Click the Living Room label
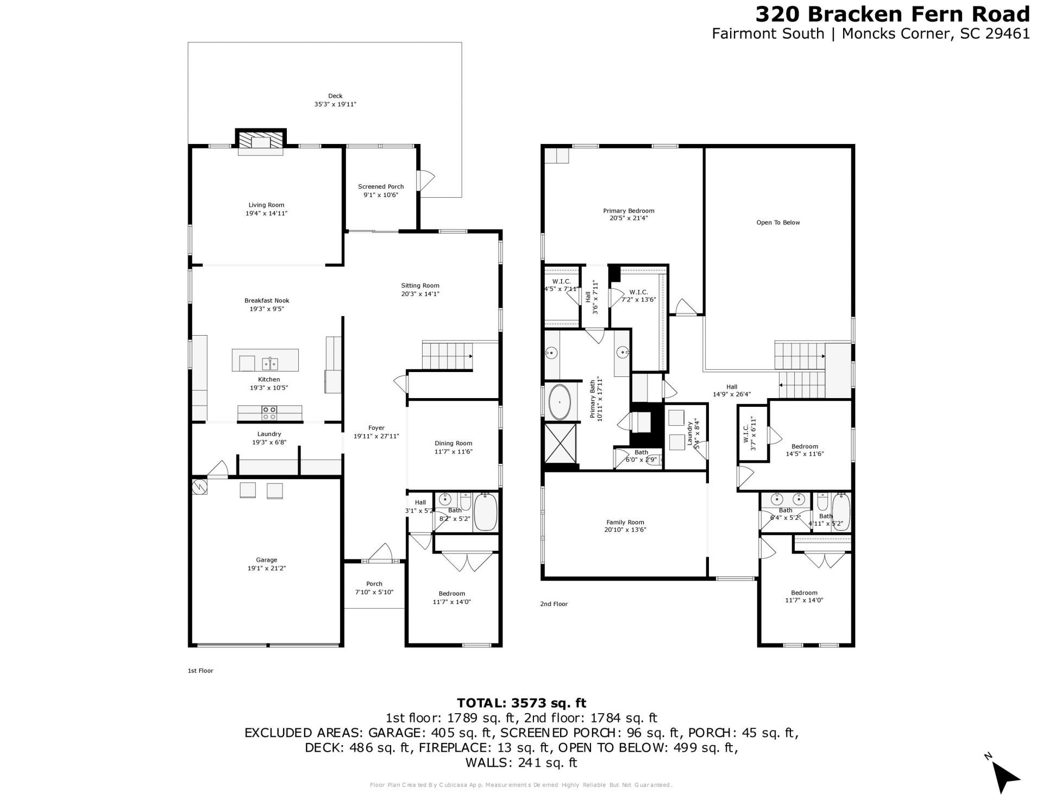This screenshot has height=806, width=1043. pyautogui.click(x=266, y=205)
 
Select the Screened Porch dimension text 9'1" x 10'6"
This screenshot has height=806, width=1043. pyautogui.click(x=380, y=195)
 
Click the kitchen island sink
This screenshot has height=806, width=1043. pyautogui.click(x=270, y=363)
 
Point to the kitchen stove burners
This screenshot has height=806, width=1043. pyautogui.click(x=269, y=413)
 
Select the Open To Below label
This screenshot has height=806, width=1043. pyautogui.click(x=778, y=222)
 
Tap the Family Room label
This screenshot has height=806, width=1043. pyautogui.click(x=625, y=522)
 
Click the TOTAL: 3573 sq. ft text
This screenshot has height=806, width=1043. pyautogui.click(x=521, y=703)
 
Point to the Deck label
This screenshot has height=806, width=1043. pyautogui.click(x=335, y=96)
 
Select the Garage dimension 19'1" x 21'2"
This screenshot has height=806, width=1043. pyautogui.click(x=266, y=568)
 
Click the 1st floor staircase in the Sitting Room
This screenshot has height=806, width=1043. pyautogui.click(x=447, y=356)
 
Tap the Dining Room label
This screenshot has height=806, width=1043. pyautogui.click(x=453, y=443)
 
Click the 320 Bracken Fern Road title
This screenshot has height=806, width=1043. pyautogui.click(x=893, y=14)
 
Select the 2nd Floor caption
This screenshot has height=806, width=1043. pyautogui.click(x=554, y=604)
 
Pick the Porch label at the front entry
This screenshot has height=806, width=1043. pyautogui.click(x=374, y=584)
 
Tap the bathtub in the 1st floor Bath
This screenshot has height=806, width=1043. pyautogui.click(x=485, y=512)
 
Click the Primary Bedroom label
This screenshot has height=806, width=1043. pyautogui.click(x=629, y=211)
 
